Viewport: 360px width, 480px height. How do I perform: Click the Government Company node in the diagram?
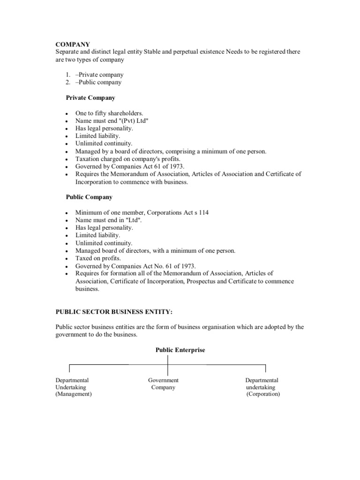pos(163,384)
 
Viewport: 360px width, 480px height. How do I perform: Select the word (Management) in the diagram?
pos(74,394)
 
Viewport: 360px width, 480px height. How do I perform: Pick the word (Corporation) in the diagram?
pos(263,394)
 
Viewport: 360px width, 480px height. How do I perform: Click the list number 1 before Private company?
pos(68,75)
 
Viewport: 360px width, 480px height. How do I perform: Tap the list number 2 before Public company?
pos(68,82)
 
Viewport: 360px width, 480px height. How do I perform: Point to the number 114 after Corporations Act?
pos(204,212)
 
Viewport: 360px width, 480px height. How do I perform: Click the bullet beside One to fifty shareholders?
pos(68,113)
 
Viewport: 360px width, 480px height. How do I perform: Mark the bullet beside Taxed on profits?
pos(68,259)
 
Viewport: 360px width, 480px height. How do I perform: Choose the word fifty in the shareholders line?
pos(102,113)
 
